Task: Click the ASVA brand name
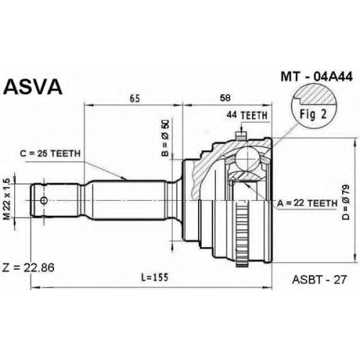click(33, 87)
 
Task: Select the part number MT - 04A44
click(317, 77)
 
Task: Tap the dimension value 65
click(135, 98)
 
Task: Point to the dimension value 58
click(225, 98)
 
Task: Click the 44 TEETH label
click(247, 116)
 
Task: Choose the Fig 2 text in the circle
click(313, 114)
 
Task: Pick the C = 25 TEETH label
click(50, 153)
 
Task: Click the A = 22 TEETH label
click(307, 204)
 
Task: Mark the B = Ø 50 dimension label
click(166, 138)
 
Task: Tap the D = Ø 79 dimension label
click(346, 202)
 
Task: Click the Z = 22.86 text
click(28, 268)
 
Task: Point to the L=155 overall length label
click(155, 277)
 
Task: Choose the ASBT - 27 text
click(320, 279)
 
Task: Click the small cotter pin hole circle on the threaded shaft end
click(44, 200)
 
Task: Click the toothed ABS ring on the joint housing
click(242, 233)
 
